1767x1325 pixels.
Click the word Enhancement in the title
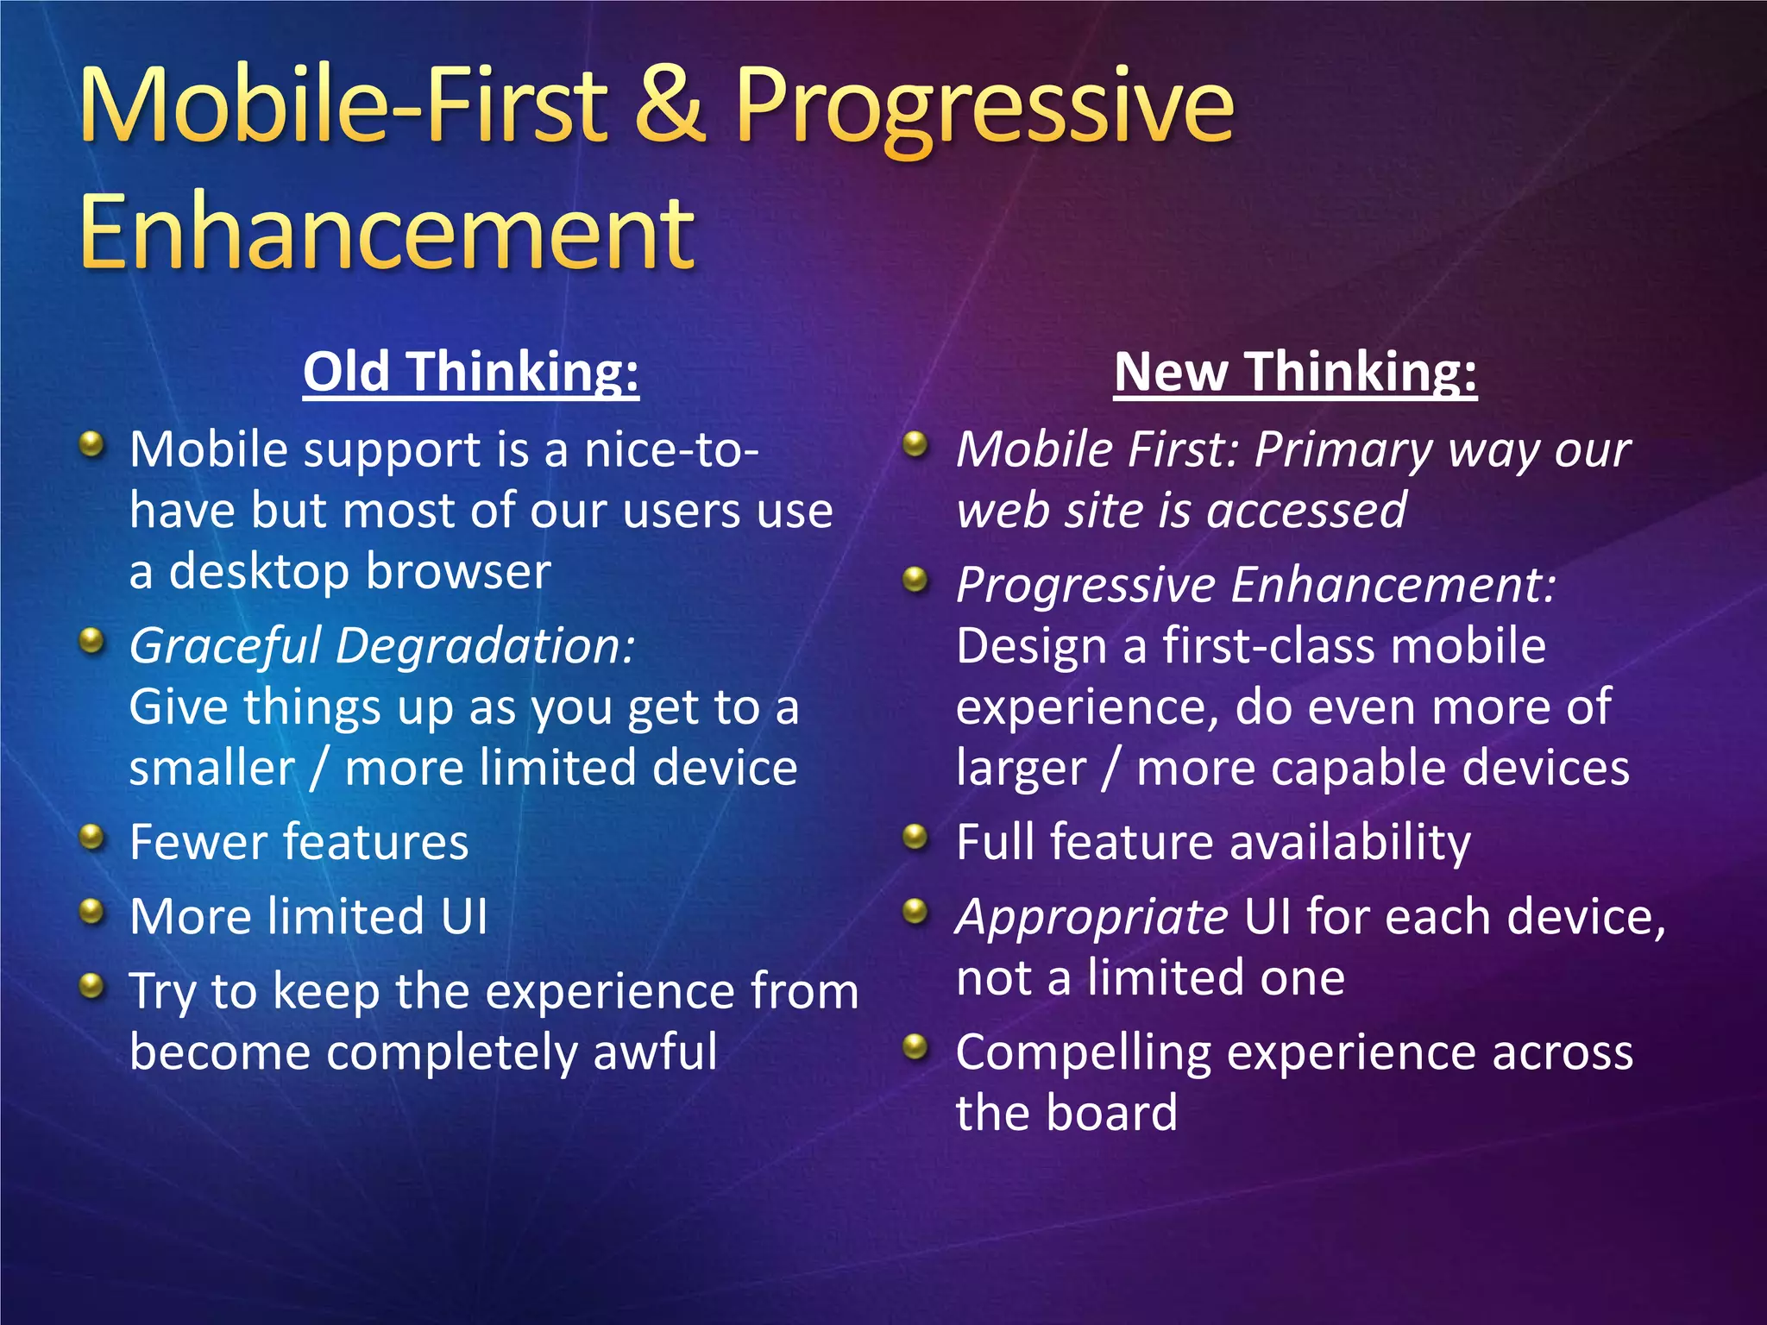pos(387,231)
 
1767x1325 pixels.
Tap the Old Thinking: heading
pos(471,372)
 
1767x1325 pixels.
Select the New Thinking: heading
pos(1295,372)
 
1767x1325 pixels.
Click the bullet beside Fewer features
pos(91,837)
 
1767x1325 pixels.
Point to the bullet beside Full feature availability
pos(915,837)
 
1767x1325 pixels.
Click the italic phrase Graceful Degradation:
pos(382,646)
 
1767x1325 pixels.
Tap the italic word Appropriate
pos(1092,916)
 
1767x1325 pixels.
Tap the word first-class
pos(1267,646)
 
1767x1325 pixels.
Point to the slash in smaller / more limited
pos(319,768)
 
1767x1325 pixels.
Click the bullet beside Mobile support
pos(91,445)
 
